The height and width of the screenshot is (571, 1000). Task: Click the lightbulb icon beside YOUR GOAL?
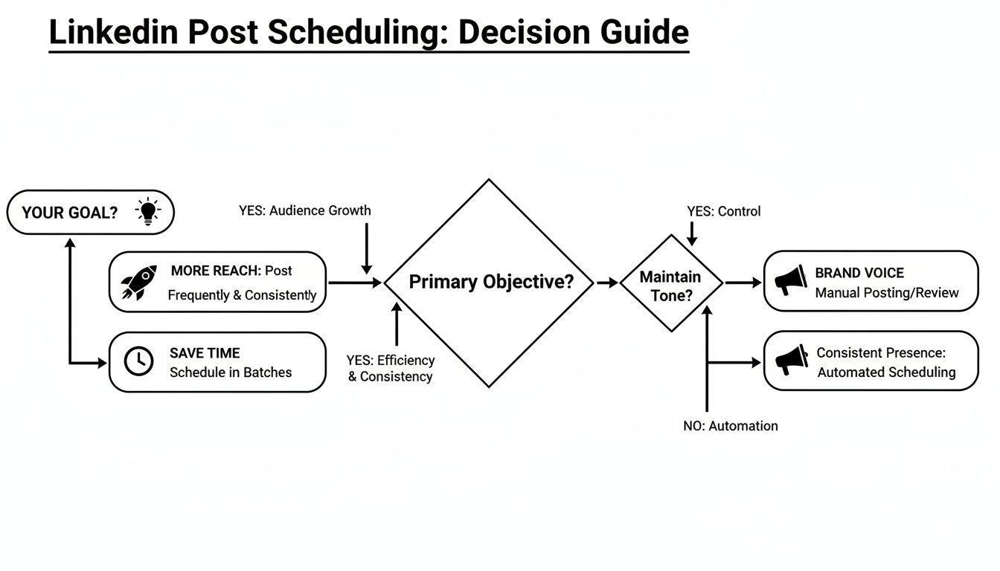click(x=147, y=212)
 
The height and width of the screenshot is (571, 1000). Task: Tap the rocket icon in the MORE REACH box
click(x=138, y=283)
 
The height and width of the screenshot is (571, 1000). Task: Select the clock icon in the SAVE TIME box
click(x=138, y=361)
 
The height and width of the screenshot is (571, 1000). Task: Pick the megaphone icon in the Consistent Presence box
click(x=791, y=361)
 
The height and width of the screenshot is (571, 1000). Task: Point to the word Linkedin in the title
click(x=113, y=33)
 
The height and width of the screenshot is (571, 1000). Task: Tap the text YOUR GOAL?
click(x=70, y=213)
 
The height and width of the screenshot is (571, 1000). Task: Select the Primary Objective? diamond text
click(x=491, y=283)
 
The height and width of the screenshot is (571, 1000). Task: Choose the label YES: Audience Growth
click(x=305, y=210)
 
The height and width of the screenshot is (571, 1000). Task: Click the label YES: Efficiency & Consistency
click(x=391, y=368)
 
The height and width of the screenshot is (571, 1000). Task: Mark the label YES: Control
click(x=724, y=211)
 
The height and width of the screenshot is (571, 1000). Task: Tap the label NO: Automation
click(x=731, y=426)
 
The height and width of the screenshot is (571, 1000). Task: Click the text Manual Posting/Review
click(x=887, y=292)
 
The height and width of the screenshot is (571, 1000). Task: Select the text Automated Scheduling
click(x=886, y=372)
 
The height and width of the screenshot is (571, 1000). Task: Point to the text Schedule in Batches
click(x=231, y=372)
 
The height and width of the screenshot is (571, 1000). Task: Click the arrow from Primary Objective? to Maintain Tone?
click(x=606, y=283)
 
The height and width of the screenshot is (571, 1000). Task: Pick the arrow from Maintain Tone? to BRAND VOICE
click(x=743, y=283)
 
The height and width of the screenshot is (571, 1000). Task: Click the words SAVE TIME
click(x=205, y=353)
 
